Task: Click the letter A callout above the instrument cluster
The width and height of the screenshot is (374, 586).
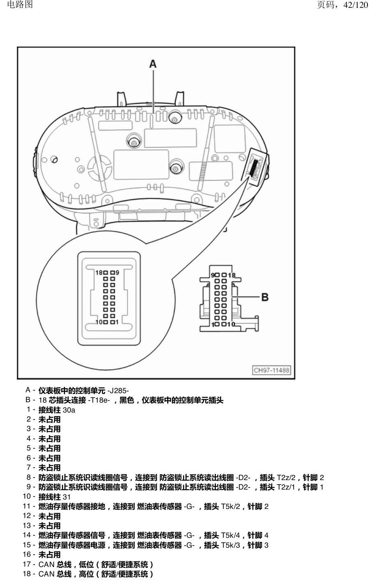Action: tap(153, 64)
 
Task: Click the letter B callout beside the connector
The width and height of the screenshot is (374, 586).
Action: tap(265, 297)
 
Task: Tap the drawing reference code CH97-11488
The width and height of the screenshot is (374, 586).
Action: tap(271, 370)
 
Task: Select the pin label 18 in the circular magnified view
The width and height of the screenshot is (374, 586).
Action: tap(99, 273)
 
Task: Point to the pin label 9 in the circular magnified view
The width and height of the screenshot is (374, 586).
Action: tap(117, 273)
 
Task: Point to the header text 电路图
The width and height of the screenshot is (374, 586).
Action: tap(20, 4)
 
